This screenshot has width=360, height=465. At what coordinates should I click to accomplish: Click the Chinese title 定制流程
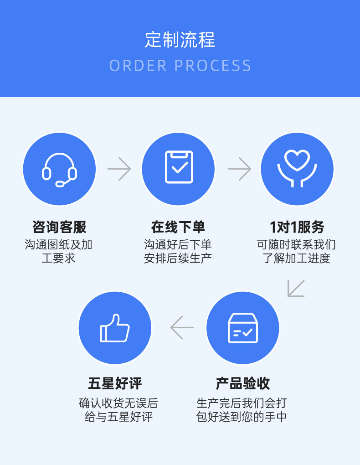(x=180, y=40)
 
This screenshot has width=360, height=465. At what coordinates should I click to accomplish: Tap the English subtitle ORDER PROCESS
(x=180, y=66)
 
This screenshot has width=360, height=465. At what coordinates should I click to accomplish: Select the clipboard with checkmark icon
(x=179, y=167)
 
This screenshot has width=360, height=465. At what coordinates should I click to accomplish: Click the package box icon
(x=242, y=328)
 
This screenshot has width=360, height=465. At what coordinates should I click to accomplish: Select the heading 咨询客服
(x=59, y=227)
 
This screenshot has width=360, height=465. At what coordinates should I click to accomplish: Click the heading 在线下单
(x=178, y=227)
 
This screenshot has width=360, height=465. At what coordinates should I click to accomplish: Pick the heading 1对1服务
(x=297, y=227)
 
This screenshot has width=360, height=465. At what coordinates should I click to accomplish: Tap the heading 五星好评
(x=115, y=383)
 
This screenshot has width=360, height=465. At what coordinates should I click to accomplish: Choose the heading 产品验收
(x=242, y=383)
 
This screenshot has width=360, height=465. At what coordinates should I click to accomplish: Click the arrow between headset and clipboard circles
(x=119, y=169)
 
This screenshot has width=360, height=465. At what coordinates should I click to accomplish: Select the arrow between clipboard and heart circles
(x=239, y=169)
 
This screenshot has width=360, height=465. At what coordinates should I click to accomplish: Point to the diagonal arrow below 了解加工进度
(x=296, y=288)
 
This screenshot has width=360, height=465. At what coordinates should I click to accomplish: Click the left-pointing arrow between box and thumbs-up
(x=182, y=327)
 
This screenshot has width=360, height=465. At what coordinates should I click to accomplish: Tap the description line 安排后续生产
(x=178, y=258)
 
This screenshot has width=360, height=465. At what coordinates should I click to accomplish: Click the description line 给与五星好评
(x=118, y=417)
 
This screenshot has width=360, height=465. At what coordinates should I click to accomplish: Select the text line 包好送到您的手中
(x=242, y=417)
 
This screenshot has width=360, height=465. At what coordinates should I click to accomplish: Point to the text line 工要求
(x=58, y=258)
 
